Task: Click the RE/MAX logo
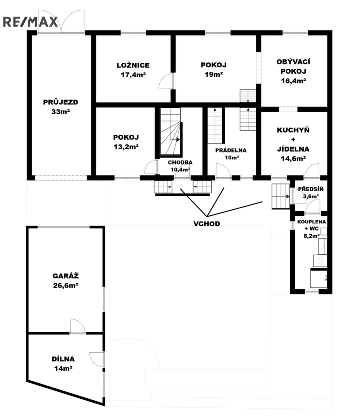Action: tap(31, 22)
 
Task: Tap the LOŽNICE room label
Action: tap(133, 65)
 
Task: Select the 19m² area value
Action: tap(214, 74)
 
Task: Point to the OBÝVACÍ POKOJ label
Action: tap(293, 67)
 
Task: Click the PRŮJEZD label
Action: tap(60, 102)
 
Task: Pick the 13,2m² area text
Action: tap(126, 147)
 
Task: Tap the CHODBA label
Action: tap(180, 163)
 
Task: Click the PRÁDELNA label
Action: tap(231, 151)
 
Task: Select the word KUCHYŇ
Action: tap(293, 130)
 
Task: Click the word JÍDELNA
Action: tap(293, 149)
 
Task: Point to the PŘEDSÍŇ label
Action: tap(311, 189)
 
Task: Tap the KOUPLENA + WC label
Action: tap(312, 225)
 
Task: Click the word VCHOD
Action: tap(207, 224)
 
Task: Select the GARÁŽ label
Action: tap(65, 276)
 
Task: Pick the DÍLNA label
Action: tap(63, 359)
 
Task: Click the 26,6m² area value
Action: tap(65, 286)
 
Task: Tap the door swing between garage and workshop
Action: tap(78, 326)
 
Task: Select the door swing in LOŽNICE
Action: tap(166, 81)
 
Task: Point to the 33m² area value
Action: tap(60, 112)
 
